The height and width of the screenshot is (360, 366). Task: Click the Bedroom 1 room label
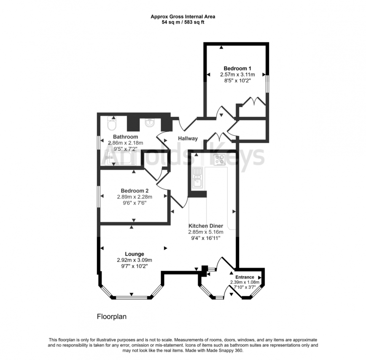pos(237,68)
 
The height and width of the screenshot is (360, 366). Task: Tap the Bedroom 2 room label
pos(135,190)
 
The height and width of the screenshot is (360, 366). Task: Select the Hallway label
pos(187,138)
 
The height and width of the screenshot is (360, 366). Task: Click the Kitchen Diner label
pos(205,226)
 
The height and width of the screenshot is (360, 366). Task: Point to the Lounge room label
pos(135,254)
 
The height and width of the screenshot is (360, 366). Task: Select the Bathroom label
pos(125,137)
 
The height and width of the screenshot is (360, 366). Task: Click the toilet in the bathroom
pos(112,124)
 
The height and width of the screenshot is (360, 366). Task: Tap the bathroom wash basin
pos(150,123)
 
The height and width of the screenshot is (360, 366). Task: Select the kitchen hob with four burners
pos(219,160)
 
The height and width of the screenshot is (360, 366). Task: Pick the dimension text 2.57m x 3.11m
pos(237,75)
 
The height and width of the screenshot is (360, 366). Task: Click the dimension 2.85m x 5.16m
pos(205,232)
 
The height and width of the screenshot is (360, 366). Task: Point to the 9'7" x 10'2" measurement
pos(135,266)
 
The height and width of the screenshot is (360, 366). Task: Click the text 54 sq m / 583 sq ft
pos(183,22)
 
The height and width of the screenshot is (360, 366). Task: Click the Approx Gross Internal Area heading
pos(183,17)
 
